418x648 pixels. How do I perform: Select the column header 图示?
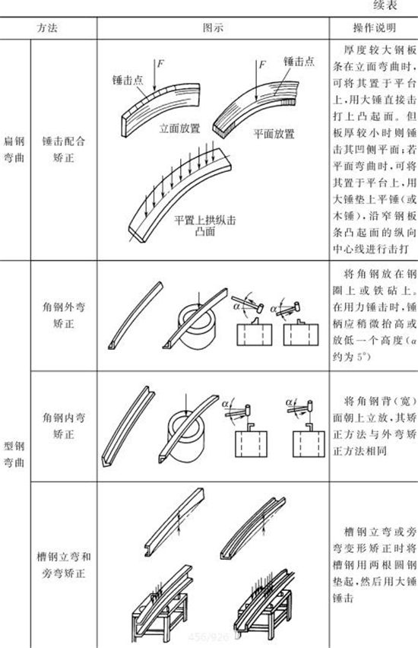click(212, 27)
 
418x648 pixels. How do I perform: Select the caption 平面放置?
click(273, 133)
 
